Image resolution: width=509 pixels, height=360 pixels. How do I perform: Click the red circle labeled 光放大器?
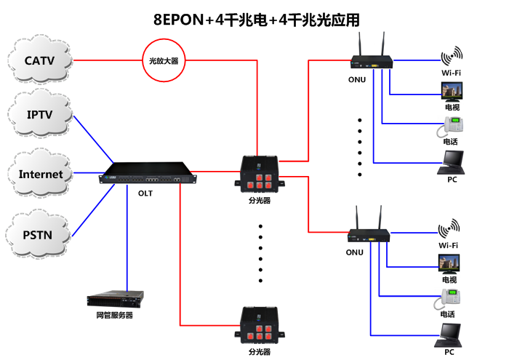click(x=164, y=60)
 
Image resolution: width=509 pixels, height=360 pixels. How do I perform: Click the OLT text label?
click(x=145, y=193)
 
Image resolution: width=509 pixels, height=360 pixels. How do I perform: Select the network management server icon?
click(x=115, y=298)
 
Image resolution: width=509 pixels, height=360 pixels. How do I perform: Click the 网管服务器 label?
click(x=115, y=315)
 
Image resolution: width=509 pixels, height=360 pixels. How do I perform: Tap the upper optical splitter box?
click(x=259, y=172)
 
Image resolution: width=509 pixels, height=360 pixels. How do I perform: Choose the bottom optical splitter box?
click(x=259, y=326)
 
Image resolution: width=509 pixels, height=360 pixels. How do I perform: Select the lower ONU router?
click(x=369, y=233)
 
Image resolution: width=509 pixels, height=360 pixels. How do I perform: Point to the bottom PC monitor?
click(x=451, y=336)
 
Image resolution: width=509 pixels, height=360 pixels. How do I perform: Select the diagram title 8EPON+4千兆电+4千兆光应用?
click(x=255, y=20)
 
